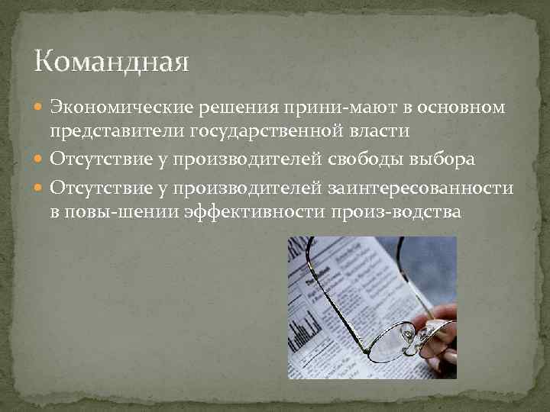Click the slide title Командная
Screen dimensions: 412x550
click(112, 60)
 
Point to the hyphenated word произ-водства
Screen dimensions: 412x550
click(396, 211)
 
